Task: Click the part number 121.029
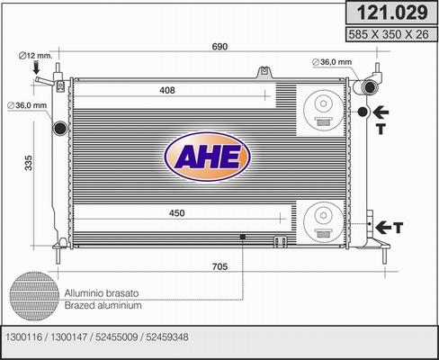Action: [x=389, y=13]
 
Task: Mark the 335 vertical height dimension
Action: [x=29, y=163]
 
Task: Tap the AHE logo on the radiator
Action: [x=206, y=157]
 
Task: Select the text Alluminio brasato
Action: [x=102, y=293]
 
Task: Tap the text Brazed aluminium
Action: [x=102, y=307]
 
